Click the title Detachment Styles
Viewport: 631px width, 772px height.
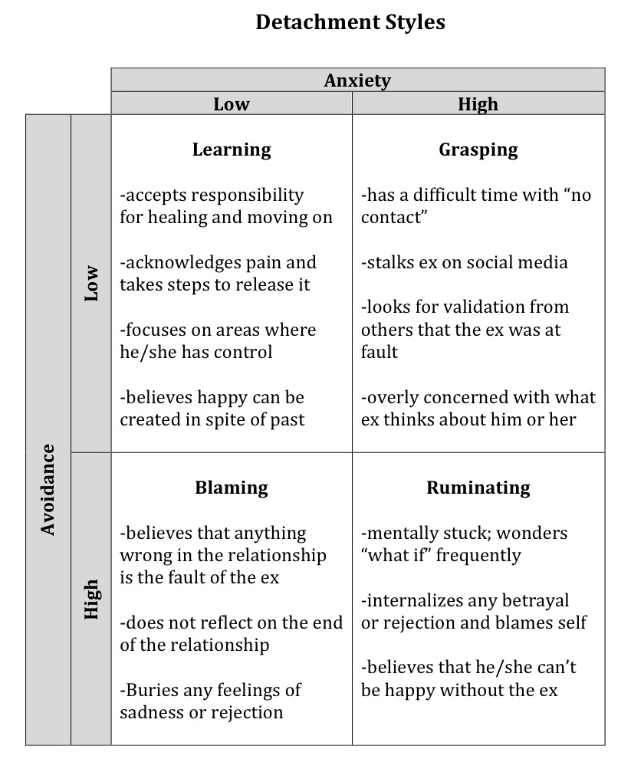[350, 22]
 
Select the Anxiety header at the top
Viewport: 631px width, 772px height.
[357, 80]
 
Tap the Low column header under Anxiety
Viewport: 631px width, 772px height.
[232, 104]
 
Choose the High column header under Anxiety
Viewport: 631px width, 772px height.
[478, 104]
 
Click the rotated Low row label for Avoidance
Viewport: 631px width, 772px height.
[91, 283]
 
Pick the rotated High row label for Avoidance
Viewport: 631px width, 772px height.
[91, 600]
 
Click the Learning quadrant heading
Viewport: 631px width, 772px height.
[232, 149]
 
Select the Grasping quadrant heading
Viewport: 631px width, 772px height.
[478, 149]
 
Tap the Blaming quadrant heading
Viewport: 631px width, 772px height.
[232, 488]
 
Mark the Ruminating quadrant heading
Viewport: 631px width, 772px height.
[478, 488]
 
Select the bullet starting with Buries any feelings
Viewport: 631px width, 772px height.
[210, 701]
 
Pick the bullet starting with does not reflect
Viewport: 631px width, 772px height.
[231, 634]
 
